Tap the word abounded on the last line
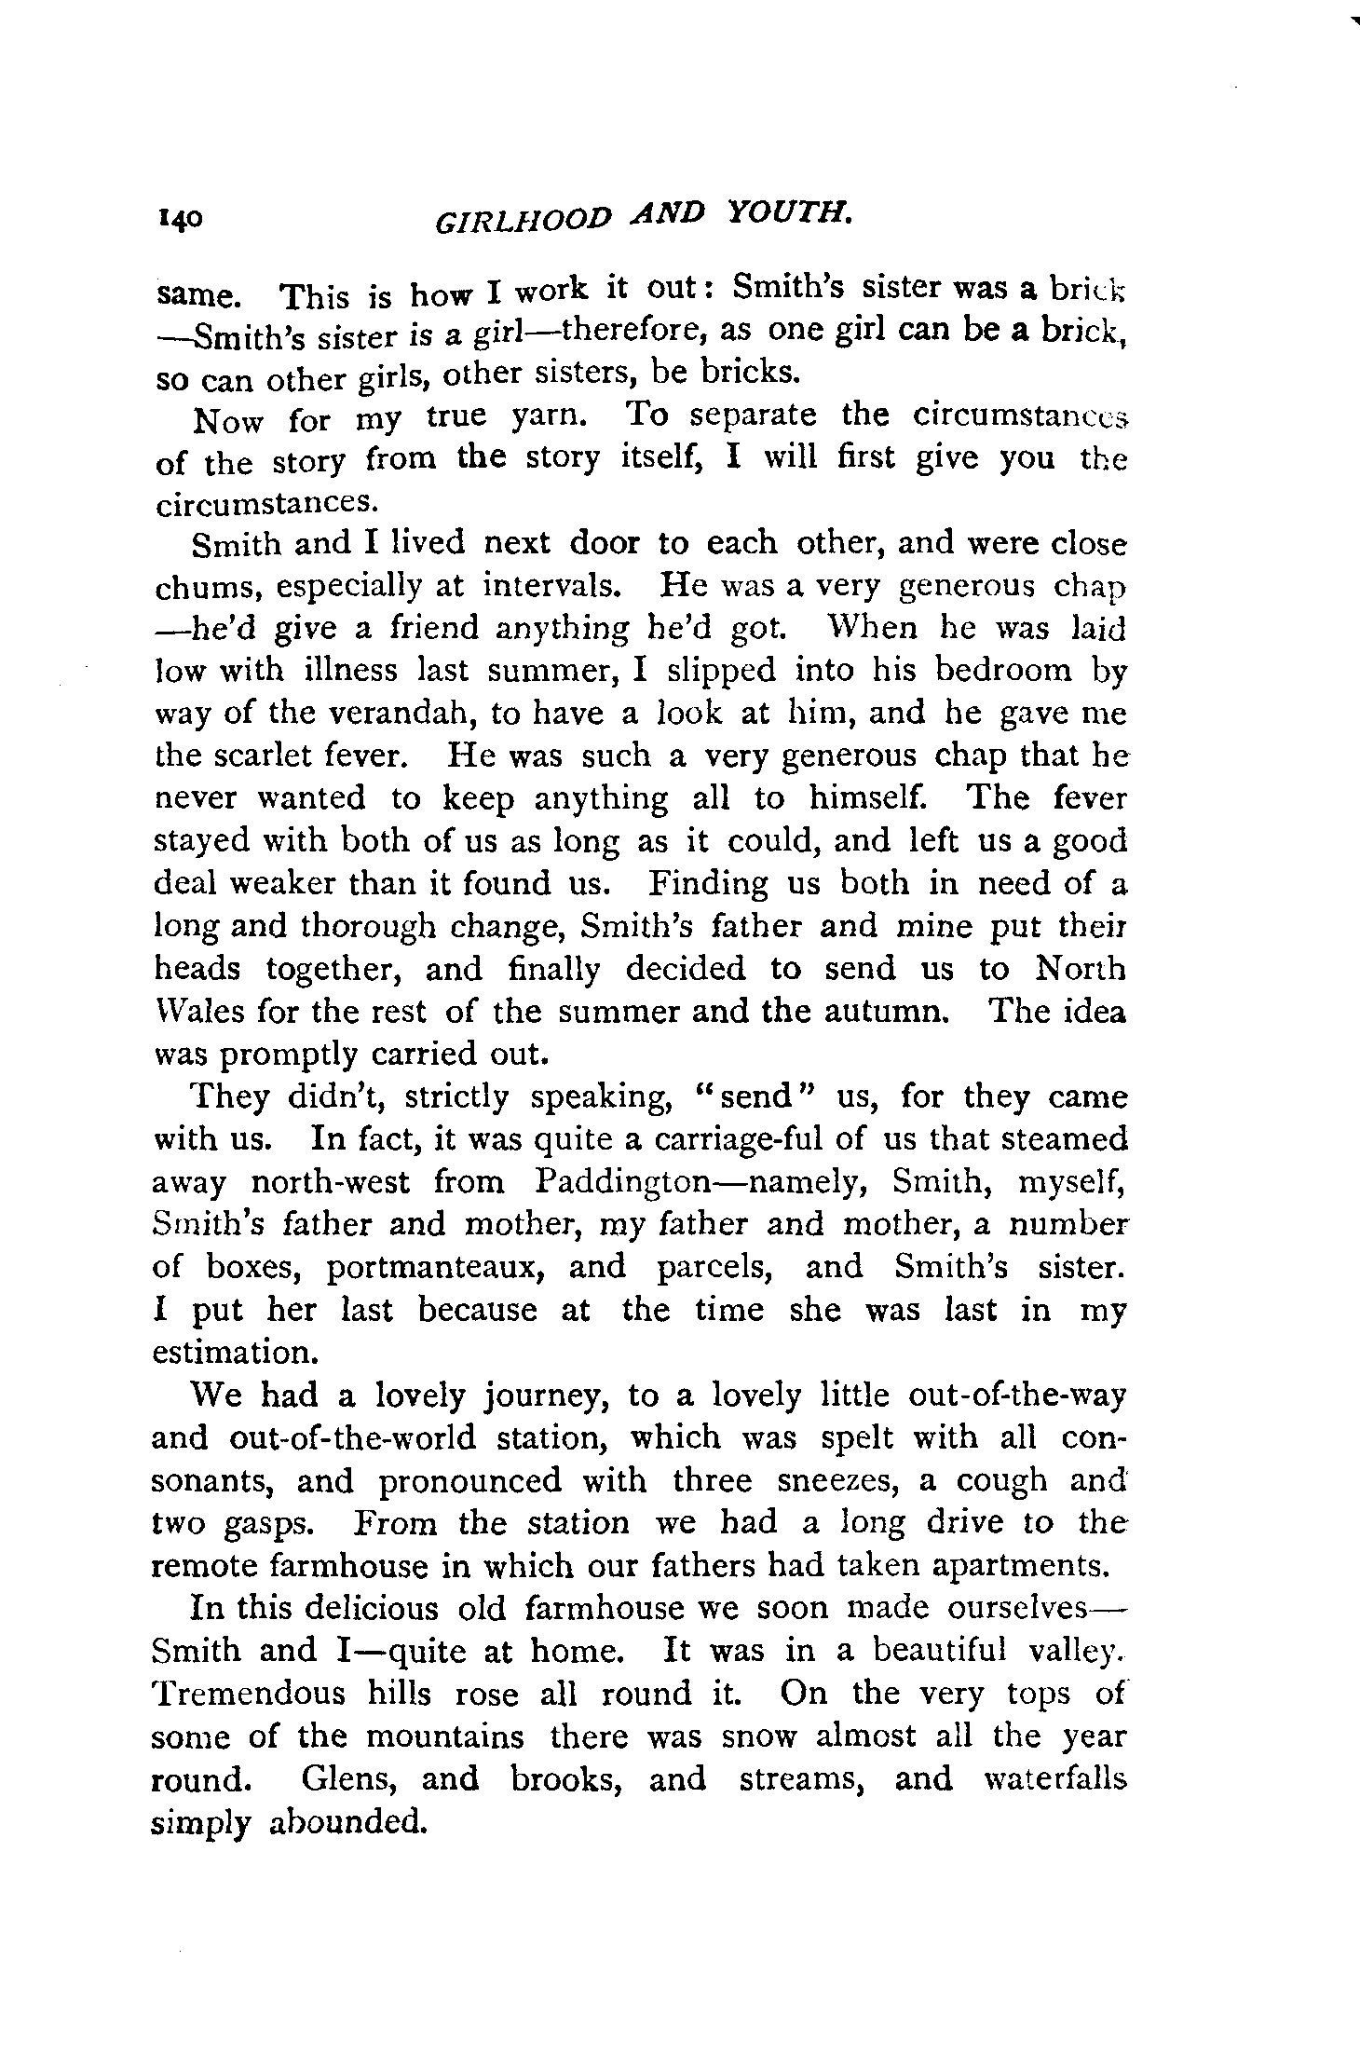pos(347,1820)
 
